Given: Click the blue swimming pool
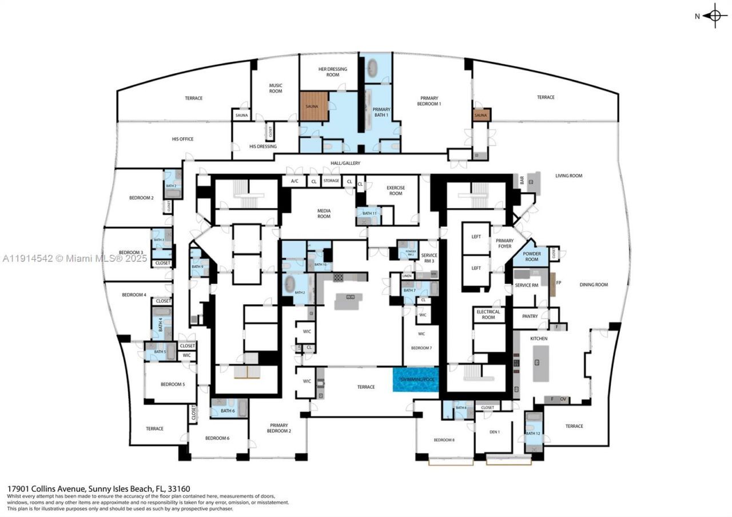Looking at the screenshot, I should (x=415, y=380).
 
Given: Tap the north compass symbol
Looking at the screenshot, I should (x=715, y=16).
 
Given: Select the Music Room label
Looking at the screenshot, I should (x=276, y=88).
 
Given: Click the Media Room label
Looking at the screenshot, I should (x=324, y=213).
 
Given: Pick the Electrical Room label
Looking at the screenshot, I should (x=488, y=315).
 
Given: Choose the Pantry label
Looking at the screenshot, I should (x=530, y=316).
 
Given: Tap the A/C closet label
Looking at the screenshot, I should (x=295, y=181).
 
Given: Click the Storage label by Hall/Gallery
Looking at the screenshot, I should (x=331, y=181).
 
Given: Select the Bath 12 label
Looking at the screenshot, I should (x=533, y=434).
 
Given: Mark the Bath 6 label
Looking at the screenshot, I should (x=228, y=411).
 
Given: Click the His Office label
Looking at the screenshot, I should (x=183, y=139).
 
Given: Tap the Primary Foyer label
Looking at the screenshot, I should (x=504, y=244).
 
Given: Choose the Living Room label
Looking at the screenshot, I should (x=568, y=176).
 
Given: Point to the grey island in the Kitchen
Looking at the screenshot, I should (x=540, y=363).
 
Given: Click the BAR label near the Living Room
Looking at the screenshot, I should (x=522, y=180).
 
